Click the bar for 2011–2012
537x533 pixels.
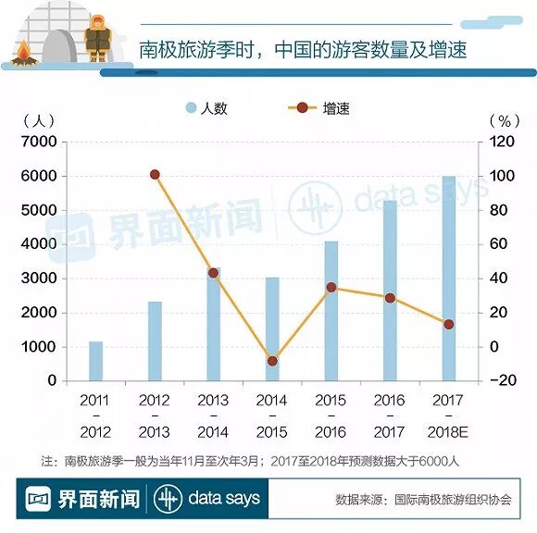click(x=96, y=361)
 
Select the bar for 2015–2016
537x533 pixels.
click(x=331, y=311)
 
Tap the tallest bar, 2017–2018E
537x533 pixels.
click(x=449, y=279)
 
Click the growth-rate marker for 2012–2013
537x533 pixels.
click(x=155, y=175)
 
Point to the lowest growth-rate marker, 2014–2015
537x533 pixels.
click(x=272, y=361)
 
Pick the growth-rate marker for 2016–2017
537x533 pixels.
click(x=390, y=298)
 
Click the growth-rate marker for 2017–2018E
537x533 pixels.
click(x=449, y=325)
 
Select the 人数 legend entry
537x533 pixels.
click(x=206, y=108)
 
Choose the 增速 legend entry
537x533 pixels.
click(x=319, y=108)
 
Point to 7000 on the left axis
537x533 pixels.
click(x=39, y=142)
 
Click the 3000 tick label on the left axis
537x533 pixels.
click(x=39, y=279)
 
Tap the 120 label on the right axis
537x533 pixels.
click(x=502, y=142)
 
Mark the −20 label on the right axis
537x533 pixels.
click(x=503, y=380)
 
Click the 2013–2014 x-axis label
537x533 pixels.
click(x=213, y=416)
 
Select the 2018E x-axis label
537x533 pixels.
click(x=447, y=432)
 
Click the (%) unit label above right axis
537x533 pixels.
click(x=505, y=121)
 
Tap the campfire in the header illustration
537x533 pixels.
click(x=24, y=54)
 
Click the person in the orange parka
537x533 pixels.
click(x=98, y=38)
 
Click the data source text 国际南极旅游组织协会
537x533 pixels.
click(x=453, y=500)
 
